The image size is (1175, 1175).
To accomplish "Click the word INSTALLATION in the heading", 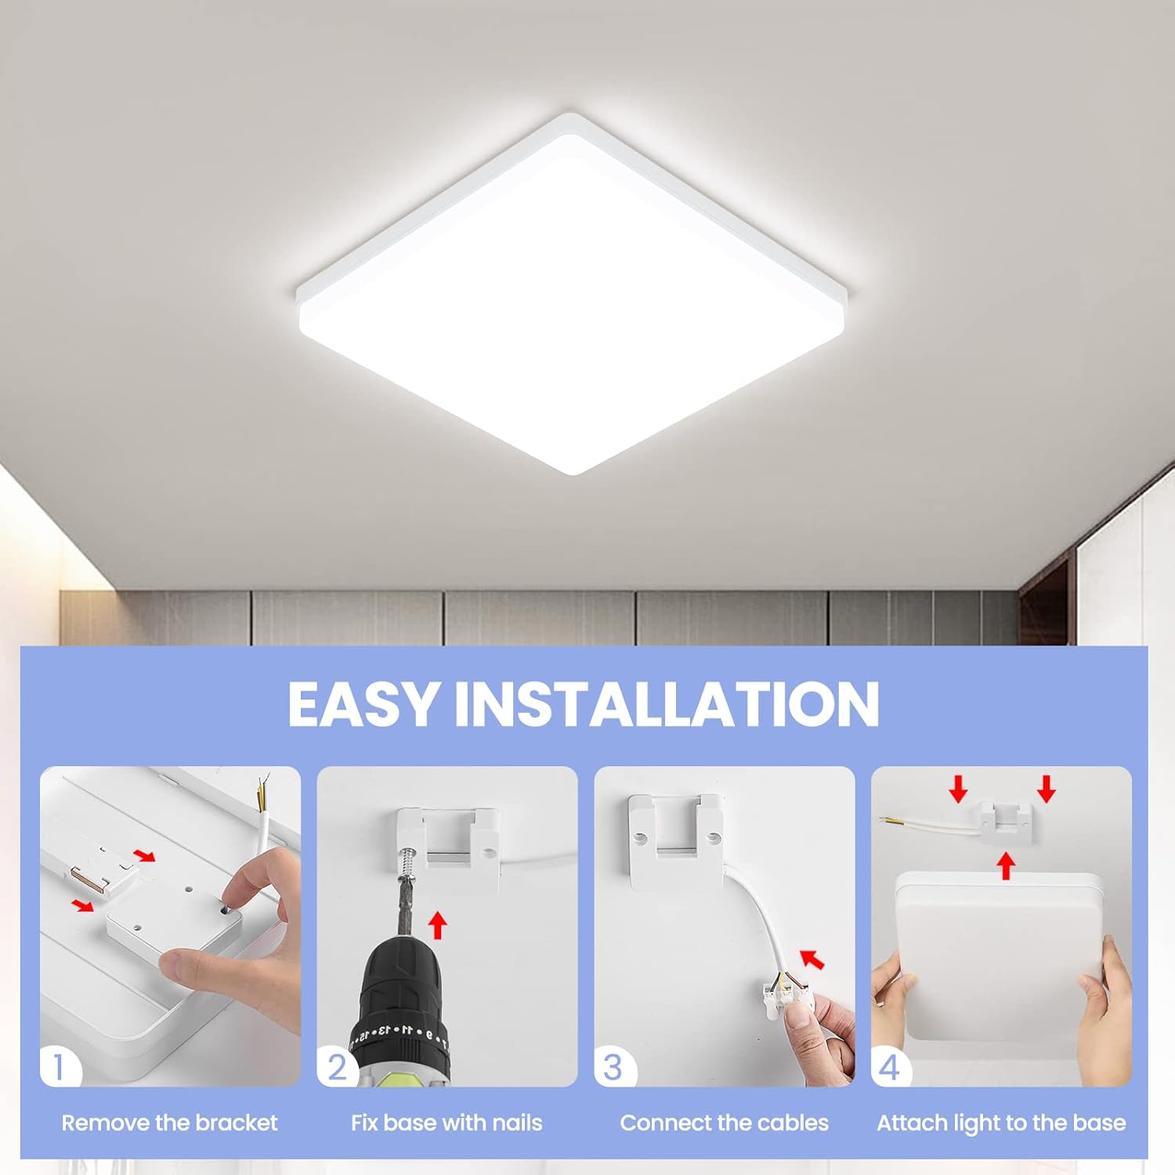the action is [x=667, y=703].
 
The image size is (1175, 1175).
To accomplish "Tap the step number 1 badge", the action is [x=59, y=1067].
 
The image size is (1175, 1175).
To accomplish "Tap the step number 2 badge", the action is [x=337, y=1067].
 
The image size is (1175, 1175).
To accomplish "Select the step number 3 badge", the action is [x=613, y=1067].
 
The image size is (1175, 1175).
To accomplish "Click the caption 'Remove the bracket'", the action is [x=170, y=1123].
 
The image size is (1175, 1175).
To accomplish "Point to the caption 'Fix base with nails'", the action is [x=446, y=1123].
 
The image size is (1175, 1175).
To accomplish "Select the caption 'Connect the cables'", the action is [x=725, y=1123].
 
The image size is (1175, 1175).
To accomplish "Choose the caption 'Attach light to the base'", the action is [x=1001, y=1123].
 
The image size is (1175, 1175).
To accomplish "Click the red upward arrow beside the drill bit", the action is [x=438, y=924].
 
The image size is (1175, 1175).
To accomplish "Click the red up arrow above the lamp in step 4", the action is [x=1007, y=866].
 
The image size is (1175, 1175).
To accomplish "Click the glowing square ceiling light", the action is [x=572, y=294].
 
